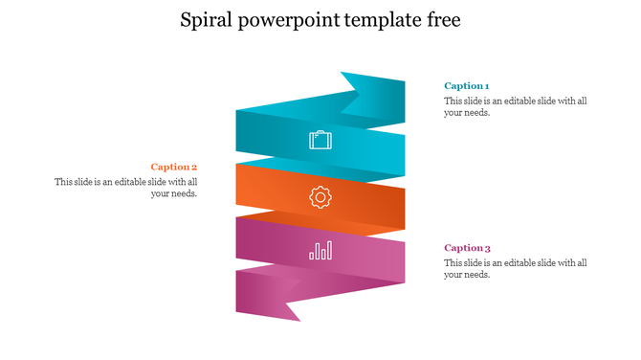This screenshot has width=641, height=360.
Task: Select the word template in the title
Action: tap(380, 21)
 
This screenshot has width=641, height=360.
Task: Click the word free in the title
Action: tap(442, 20)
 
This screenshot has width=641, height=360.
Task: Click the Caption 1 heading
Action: tap(466, 86)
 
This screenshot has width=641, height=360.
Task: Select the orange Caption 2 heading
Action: tap(173, 167)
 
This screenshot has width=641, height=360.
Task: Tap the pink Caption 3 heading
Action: tap(467, 248)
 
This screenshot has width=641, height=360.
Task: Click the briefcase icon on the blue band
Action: tap(320, 141)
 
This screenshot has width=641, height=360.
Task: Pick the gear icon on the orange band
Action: tap(320, 197)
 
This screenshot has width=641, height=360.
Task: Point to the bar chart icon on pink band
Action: tap(320, 251)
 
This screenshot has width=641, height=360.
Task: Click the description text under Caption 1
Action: tap(515, 106)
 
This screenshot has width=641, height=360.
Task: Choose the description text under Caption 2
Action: tap(126, 188)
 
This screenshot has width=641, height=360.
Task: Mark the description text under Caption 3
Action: tap(515, 268)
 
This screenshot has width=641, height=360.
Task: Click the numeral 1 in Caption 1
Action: tap(486, 86)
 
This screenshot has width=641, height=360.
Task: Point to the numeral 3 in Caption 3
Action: tap(487, 248)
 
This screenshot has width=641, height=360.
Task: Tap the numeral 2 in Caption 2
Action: tap(194, 167)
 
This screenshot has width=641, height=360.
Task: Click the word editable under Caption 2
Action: tap(133, 182)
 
